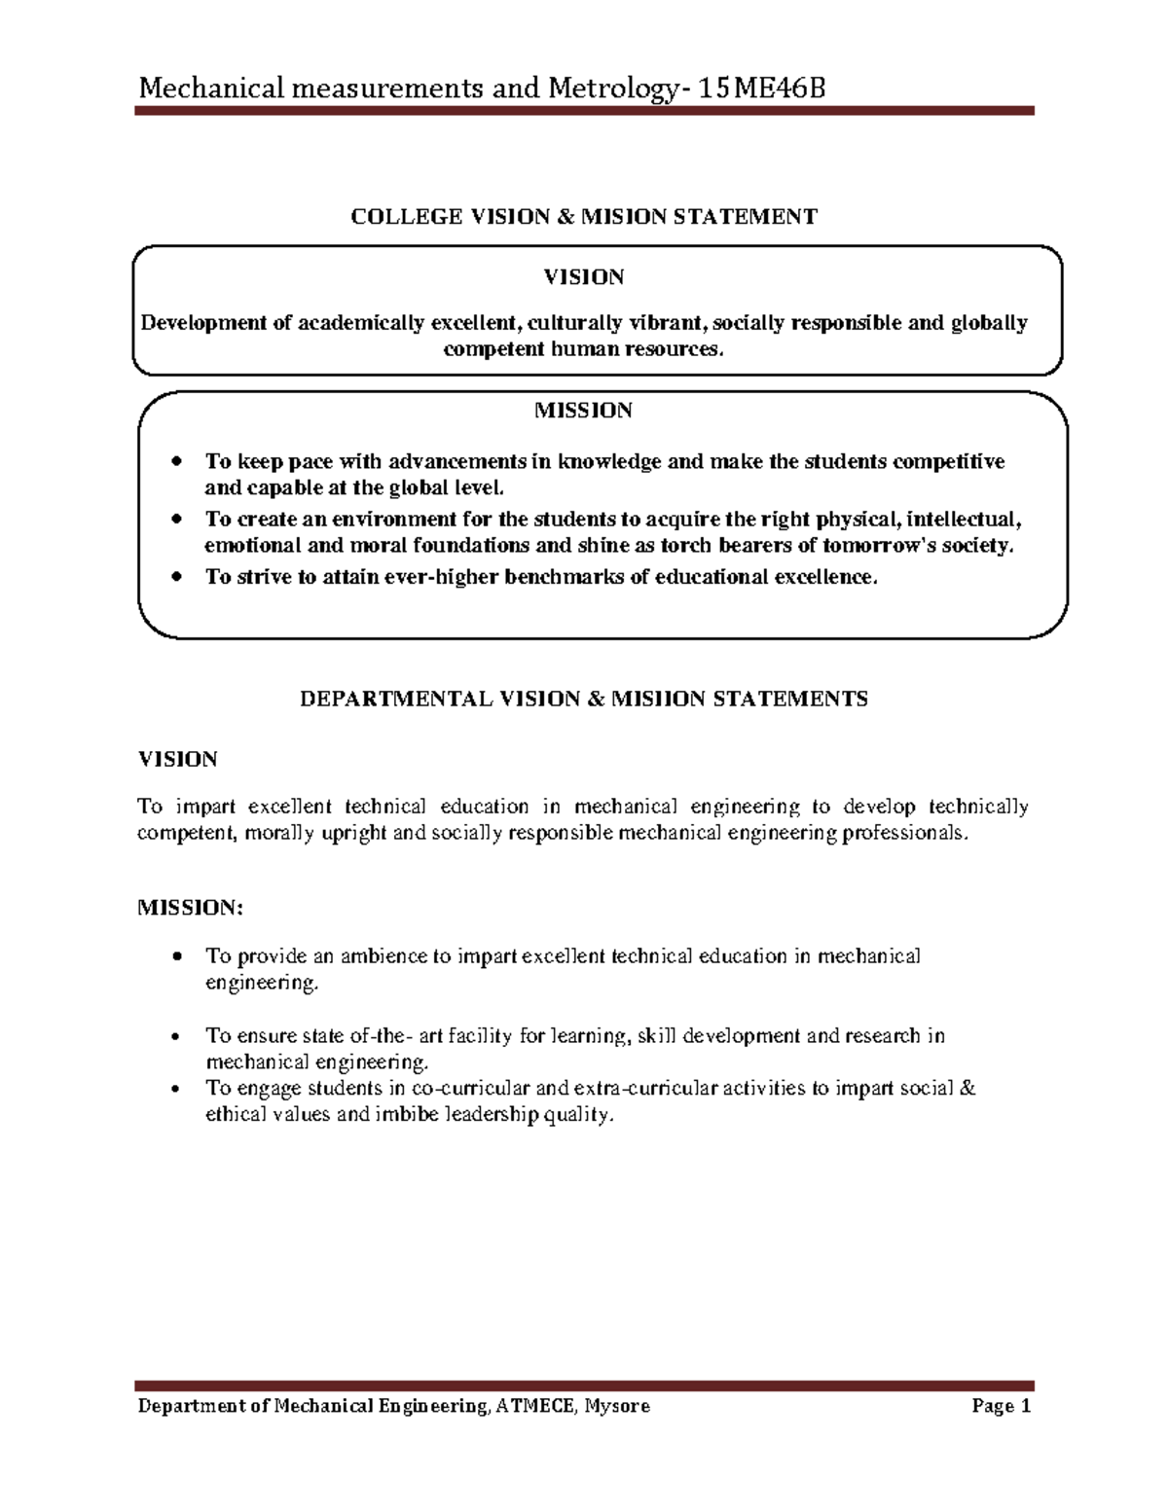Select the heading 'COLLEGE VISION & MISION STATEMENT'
click(584, 217)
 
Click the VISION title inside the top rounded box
click(583, 278)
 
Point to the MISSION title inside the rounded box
click(583, 411)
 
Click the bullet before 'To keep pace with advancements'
click(175, 461)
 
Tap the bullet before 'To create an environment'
click(175, 519)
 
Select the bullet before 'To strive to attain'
click(175, 577)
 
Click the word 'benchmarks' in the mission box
click(567, 577)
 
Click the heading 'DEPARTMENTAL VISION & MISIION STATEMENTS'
click(583, 699)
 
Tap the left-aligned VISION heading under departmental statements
click(177, 759)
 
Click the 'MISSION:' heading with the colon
click(190, 908)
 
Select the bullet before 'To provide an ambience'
click(175, 957)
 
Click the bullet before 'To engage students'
click(175, 1089)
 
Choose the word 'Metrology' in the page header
click(602, 90)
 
